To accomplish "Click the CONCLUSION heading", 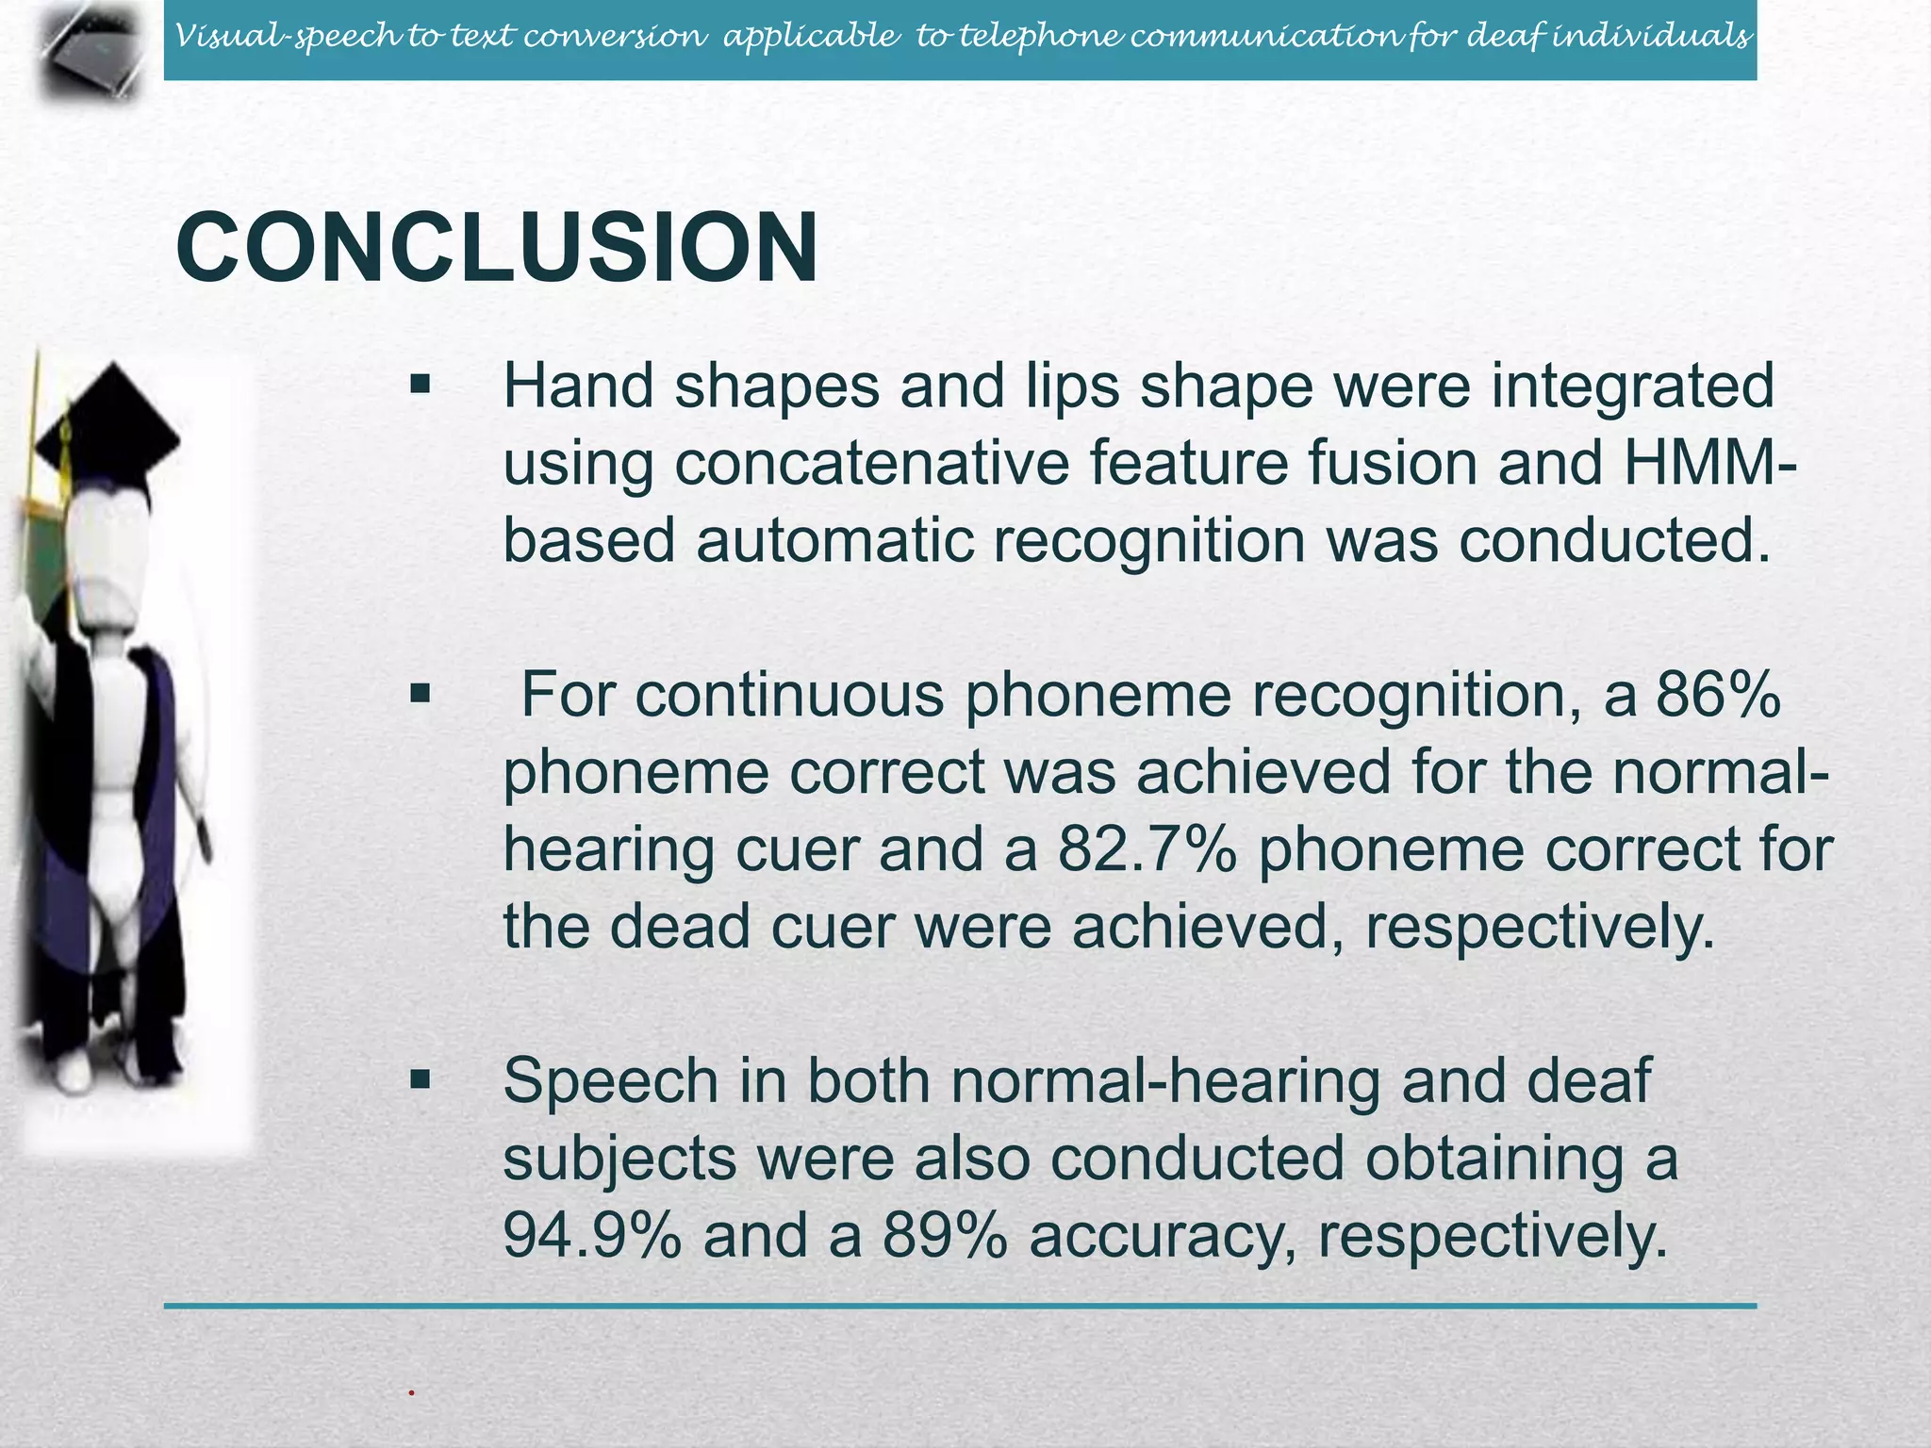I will (497, 248).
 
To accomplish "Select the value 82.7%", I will (1147, 849).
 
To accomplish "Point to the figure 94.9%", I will (592, 1235).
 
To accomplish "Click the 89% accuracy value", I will (945, 1235).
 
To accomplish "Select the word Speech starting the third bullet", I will (610, 1080).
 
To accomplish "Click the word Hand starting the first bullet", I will (578, 387).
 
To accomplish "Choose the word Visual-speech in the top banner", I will (287, 37).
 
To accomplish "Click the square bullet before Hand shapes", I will (421, 386).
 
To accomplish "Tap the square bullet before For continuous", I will (421, 696).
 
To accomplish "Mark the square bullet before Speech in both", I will (421, 1079).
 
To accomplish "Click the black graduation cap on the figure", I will (113, 424).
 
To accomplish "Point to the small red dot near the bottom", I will (412, 1392).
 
